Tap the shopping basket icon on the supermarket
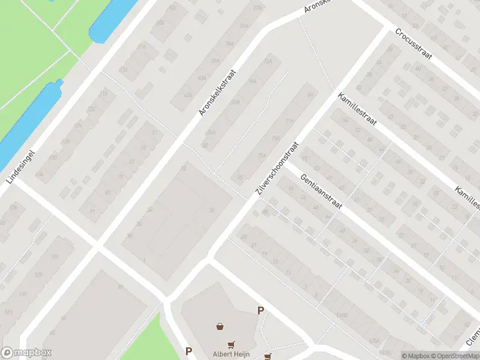(x=221, y=327)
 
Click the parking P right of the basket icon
(x=260, y=311)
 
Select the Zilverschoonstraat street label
(x=277, y=169)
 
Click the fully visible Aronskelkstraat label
(x=217, y=92)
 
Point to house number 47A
(x=188, y=95)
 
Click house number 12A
(x=268, y=61)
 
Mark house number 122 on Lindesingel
(x=91, y=109)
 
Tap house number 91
(x=92, y=211)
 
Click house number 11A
(x=289, y=121)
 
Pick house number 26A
(x=210, y=132)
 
